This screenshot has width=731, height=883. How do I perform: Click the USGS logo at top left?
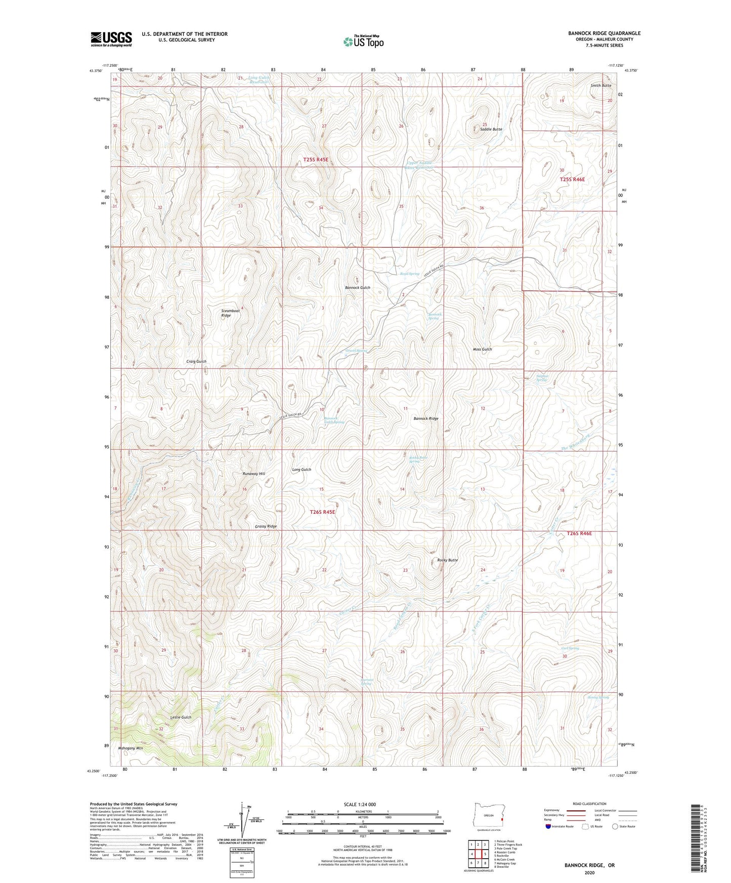pyautogui.click(x=111, y=39)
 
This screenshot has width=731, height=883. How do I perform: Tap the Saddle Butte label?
pyautogui.click(x=491, y=129)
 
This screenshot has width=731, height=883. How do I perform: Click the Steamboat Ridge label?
pyautogui.click(x=230, y=313)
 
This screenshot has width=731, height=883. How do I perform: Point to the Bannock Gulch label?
pyautogui.click(x=357, y=288)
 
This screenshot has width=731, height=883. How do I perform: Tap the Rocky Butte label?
pyautogui.click(x=447, y=560)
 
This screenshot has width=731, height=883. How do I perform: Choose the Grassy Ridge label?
pyautogui.click(x=266, y=526)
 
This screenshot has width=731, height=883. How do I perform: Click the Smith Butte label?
pyautogui.click(x=600, y=85)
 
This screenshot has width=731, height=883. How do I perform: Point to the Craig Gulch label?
pyautogui.click(x=196, y=362)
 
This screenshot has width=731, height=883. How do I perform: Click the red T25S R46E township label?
pyautogui.click(x=572, y=180)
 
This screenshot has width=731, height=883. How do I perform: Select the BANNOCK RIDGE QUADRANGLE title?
pyautogui.click(x=604, y=33)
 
